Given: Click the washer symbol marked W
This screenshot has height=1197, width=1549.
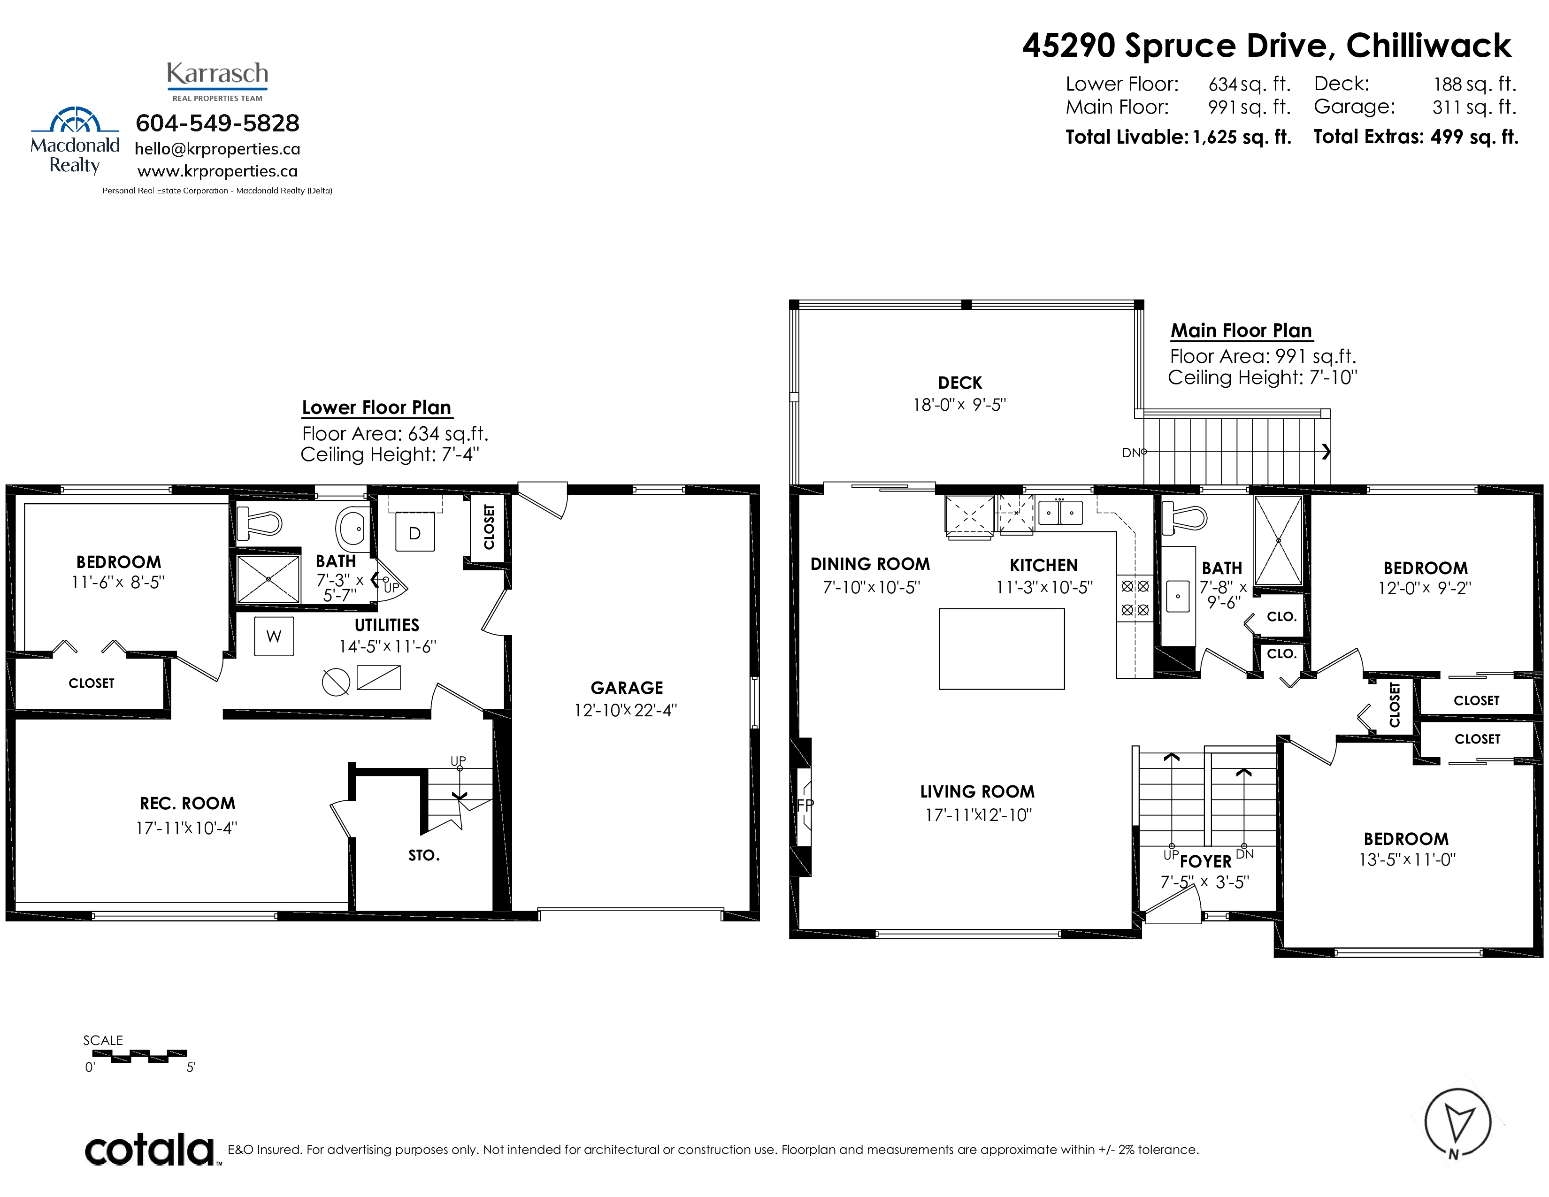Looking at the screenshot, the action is [x=274, y=636].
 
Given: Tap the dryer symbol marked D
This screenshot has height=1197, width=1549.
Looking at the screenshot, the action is [x=415, y=533].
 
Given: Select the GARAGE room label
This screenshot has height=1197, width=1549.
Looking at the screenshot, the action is [x=627, y=688].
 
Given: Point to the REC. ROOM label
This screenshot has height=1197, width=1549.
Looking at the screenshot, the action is [x=187, y=804].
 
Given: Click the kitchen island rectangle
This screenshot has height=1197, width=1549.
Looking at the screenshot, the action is [x=1002, y=649].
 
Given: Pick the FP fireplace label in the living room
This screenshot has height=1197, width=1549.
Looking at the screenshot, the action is [x=805, y=805].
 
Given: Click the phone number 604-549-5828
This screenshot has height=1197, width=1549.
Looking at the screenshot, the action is [x=218, y=123].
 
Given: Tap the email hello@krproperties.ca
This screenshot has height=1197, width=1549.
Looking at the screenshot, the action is [x=218, y=149].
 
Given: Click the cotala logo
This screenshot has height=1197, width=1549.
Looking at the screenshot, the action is [x=149, y=1150].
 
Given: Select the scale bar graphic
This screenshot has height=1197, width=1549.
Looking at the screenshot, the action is [x=140, y=1056].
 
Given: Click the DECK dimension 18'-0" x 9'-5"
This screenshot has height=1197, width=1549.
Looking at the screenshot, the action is [x=959, y=405].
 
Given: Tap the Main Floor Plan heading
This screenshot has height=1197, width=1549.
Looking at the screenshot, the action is [x=1241, y=330].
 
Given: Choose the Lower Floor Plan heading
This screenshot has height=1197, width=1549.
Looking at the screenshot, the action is [x=376, y=408].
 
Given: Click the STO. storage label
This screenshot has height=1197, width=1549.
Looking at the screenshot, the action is [x=424, y=855].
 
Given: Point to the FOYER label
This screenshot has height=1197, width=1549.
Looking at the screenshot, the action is [x=1206, y=861].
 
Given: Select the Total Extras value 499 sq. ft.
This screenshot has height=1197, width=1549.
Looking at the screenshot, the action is [x=1474, y=137].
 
